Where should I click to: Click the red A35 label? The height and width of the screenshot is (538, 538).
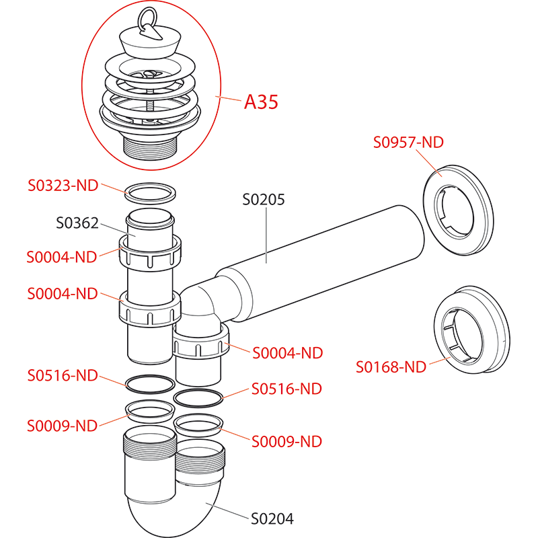point(261,102)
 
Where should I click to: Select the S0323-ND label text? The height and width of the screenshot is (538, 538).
point(63,185)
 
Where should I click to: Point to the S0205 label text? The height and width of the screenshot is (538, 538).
point(264,200)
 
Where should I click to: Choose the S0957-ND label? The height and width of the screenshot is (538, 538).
point(408,142)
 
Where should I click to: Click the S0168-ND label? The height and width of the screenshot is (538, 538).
point(391,367)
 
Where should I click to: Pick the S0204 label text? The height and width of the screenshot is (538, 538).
point(272,518)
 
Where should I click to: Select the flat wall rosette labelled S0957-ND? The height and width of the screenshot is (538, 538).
point(457,209)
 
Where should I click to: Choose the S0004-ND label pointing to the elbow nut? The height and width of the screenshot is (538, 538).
point(287,353)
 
